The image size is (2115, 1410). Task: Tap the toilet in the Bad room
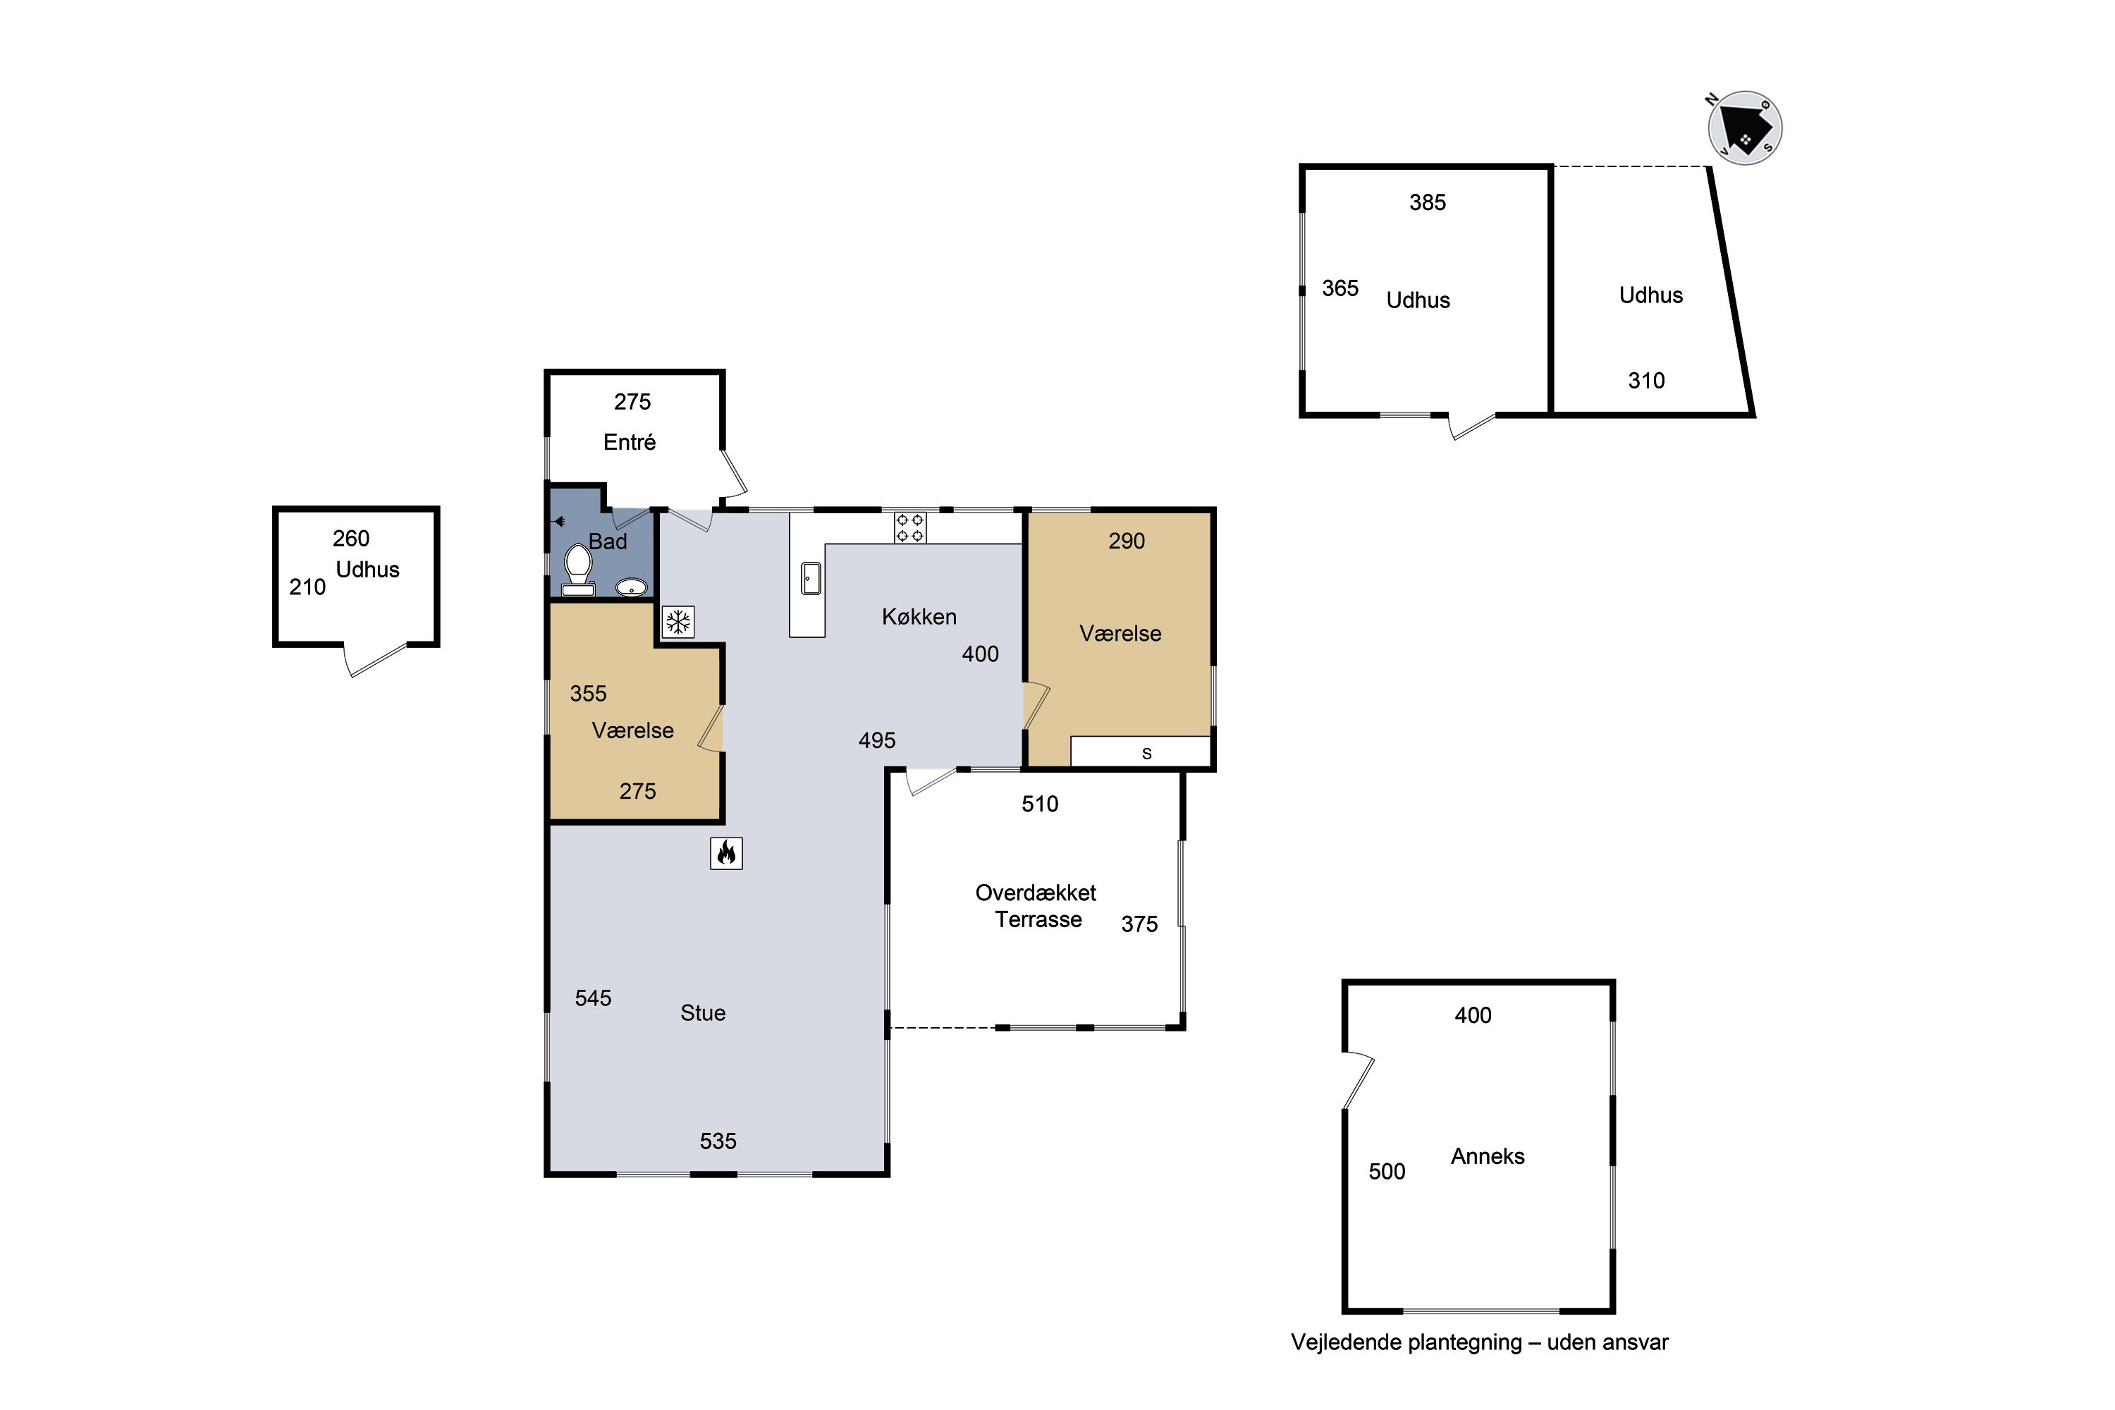[x=577, y=571]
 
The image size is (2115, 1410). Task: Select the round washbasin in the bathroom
[x=631, y=588]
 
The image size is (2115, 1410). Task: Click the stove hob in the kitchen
[x=910, y=528]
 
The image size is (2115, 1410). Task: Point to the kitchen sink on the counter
[x=811, y=578]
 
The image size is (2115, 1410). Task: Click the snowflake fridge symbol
[x=678, y=621]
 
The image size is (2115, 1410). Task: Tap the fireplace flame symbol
[x=727, y=852]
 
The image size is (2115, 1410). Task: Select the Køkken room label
[x=919, y=617]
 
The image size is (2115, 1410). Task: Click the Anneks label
[x=1488, y=1155]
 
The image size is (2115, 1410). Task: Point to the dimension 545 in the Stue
[x=594, y=998]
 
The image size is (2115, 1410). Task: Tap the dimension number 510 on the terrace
[x=1041, y=804]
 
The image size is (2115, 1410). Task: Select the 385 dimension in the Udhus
[x=1428, y=202]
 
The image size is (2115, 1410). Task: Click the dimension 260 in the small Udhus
[x=350, y=539]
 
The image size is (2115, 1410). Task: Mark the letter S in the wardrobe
[x=1146, y=754]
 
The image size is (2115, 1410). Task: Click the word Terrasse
[x=1038, y=919]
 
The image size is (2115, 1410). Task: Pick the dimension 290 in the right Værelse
[x=1127, y=541]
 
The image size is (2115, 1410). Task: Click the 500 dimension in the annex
[x=1387, y=1171]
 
